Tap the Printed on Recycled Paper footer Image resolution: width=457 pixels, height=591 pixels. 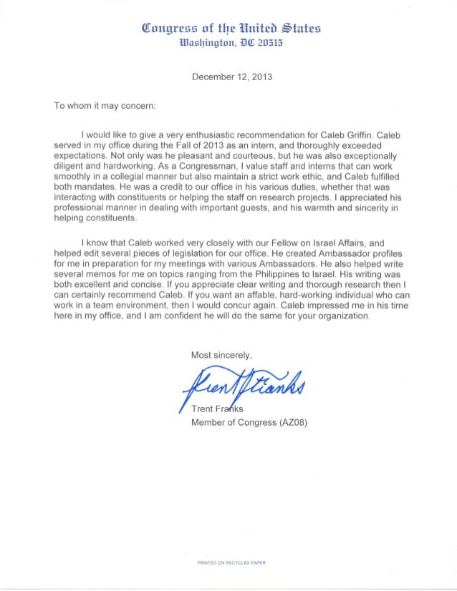[231, 562]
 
